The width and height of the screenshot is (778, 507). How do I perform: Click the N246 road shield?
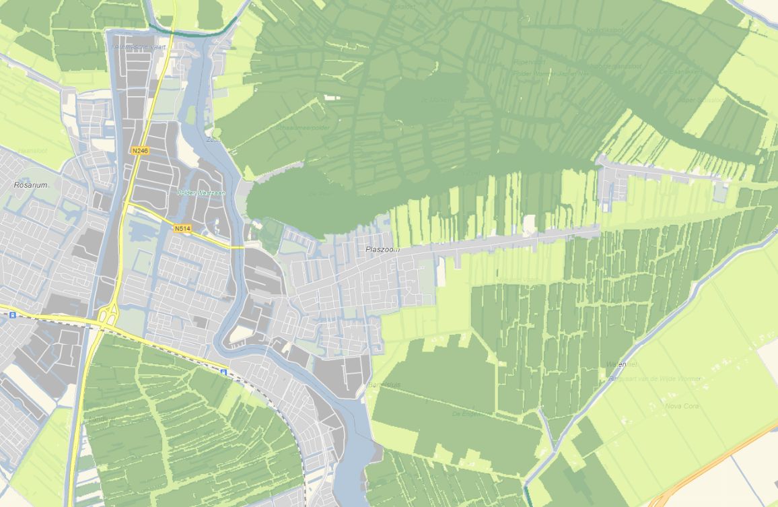coord(139,151)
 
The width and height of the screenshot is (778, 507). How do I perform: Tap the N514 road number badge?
coord(182,228)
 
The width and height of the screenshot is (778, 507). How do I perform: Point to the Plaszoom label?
coord(382,249)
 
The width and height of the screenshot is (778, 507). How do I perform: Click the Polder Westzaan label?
coord(201,193)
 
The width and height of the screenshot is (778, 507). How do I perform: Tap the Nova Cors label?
coord(682,406)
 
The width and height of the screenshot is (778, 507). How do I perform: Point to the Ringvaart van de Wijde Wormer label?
coord(664,379)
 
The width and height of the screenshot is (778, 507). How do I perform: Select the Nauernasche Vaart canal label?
coord(139,46)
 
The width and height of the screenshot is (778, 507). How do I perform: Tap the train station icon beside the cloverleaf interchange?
coord(12,314)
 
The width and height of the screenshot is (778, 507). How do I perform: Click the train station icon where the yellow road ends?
coord(223,370)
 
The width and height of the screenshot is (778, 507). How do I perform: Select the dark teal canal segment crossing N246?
coord(195,30)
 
